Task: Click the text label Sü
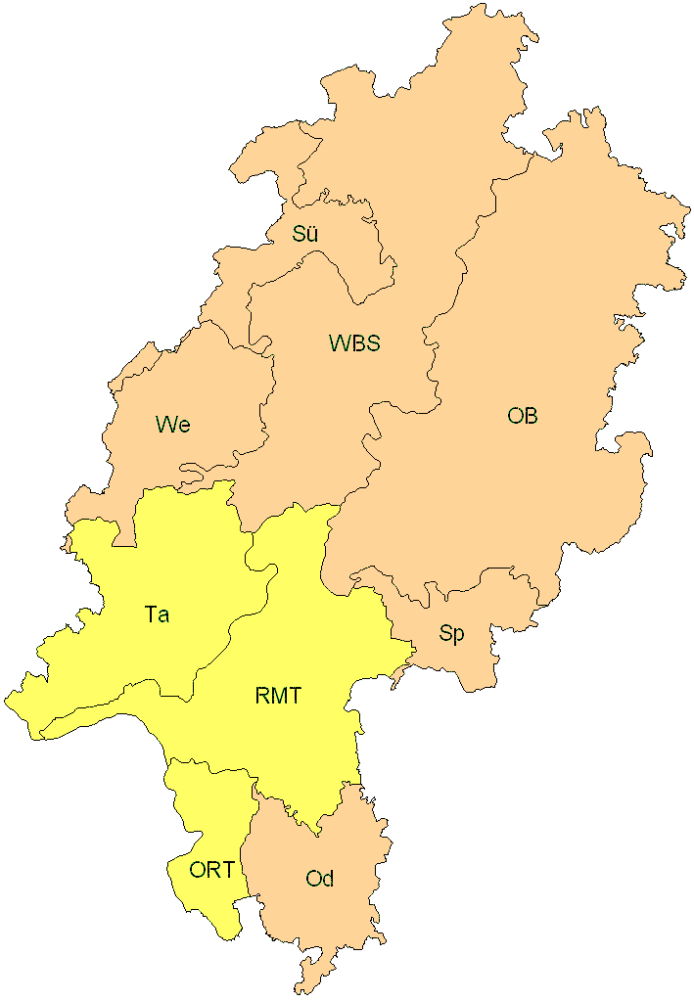coord(305,234)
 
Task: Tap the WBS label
coord(354,343)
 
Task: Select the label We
coord(172,424)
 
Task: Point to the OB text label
coord(522,416)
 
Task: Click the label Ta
coord(157,614)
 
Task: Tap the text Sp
coord(451,634)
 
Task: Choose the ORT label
coord(211,870)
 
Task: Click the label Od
coord(320,879)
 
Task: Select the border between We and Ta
coord(176,486)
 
